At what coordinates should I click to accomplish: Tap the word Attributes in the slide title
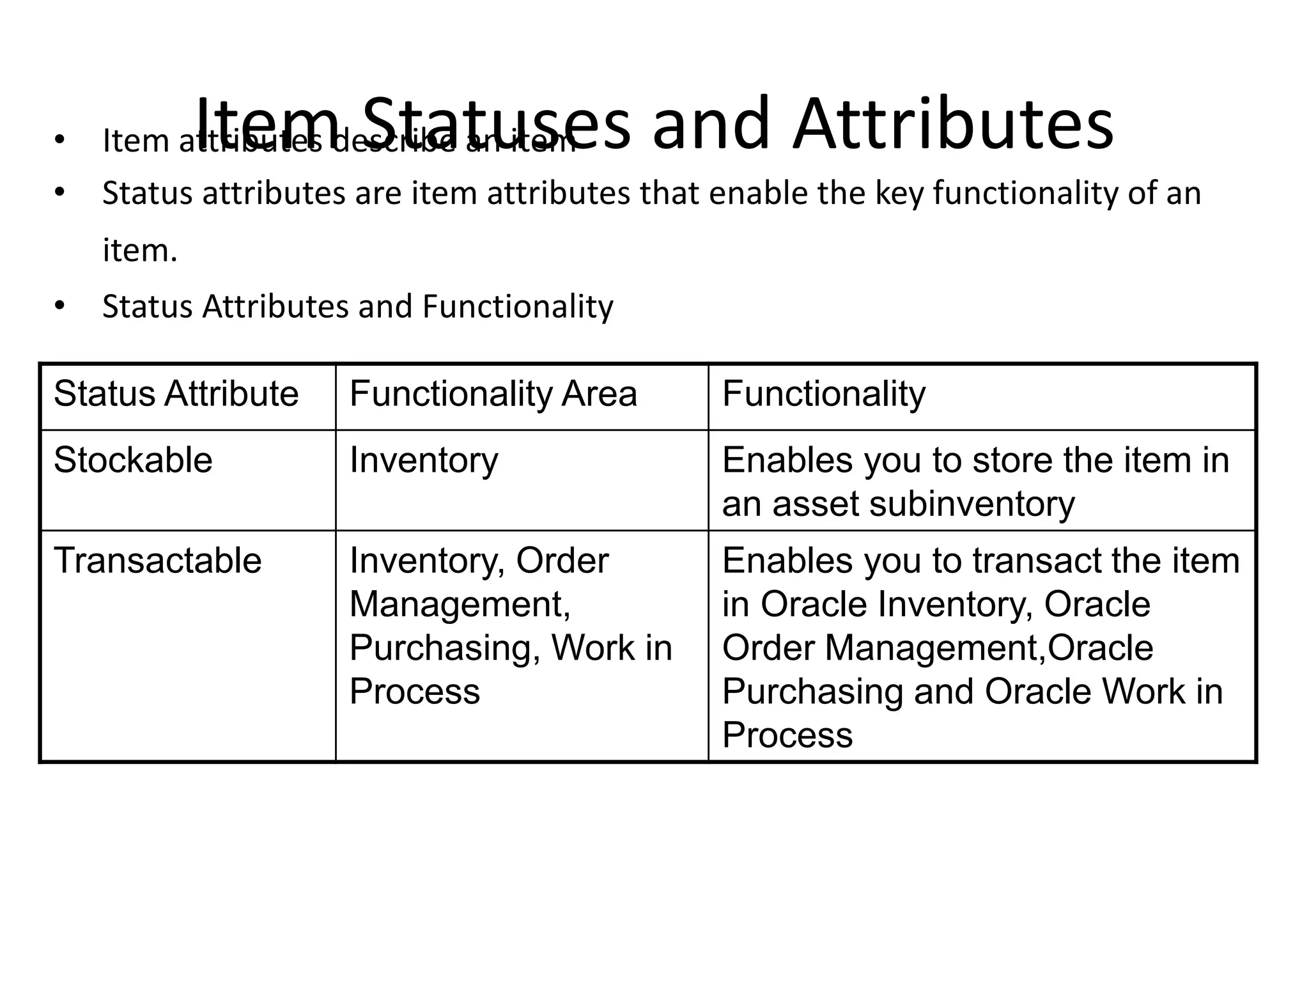(953, 123)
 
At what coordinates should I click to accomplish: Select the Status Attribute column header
(176, 393)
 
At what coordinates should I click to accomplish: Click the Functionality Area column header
(493, 393)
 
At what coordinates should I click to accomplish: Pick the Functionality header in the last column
(823, 393)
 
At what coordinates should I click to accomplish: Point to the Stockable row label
(133, 460)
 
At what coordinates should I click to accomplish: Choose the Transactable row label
(157, 561)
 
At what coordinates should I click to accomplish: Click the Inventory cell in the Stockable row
(423, 460)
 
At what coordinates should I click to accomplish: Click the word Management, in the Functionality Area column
(460, 604)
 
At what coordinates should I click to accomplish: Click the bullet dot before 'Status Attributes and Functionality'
(60, 306)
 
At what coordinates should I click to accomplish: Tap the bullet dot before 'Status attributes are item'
(60, 192)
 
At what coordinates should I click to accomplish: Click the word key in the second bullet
(898, 193)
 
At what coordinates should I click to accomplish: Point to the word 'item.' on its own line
(139, 250)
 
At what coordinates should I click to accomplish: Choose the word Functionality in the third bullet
(517, 306)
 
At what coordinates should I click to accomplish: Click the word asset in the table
(816, 504)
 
